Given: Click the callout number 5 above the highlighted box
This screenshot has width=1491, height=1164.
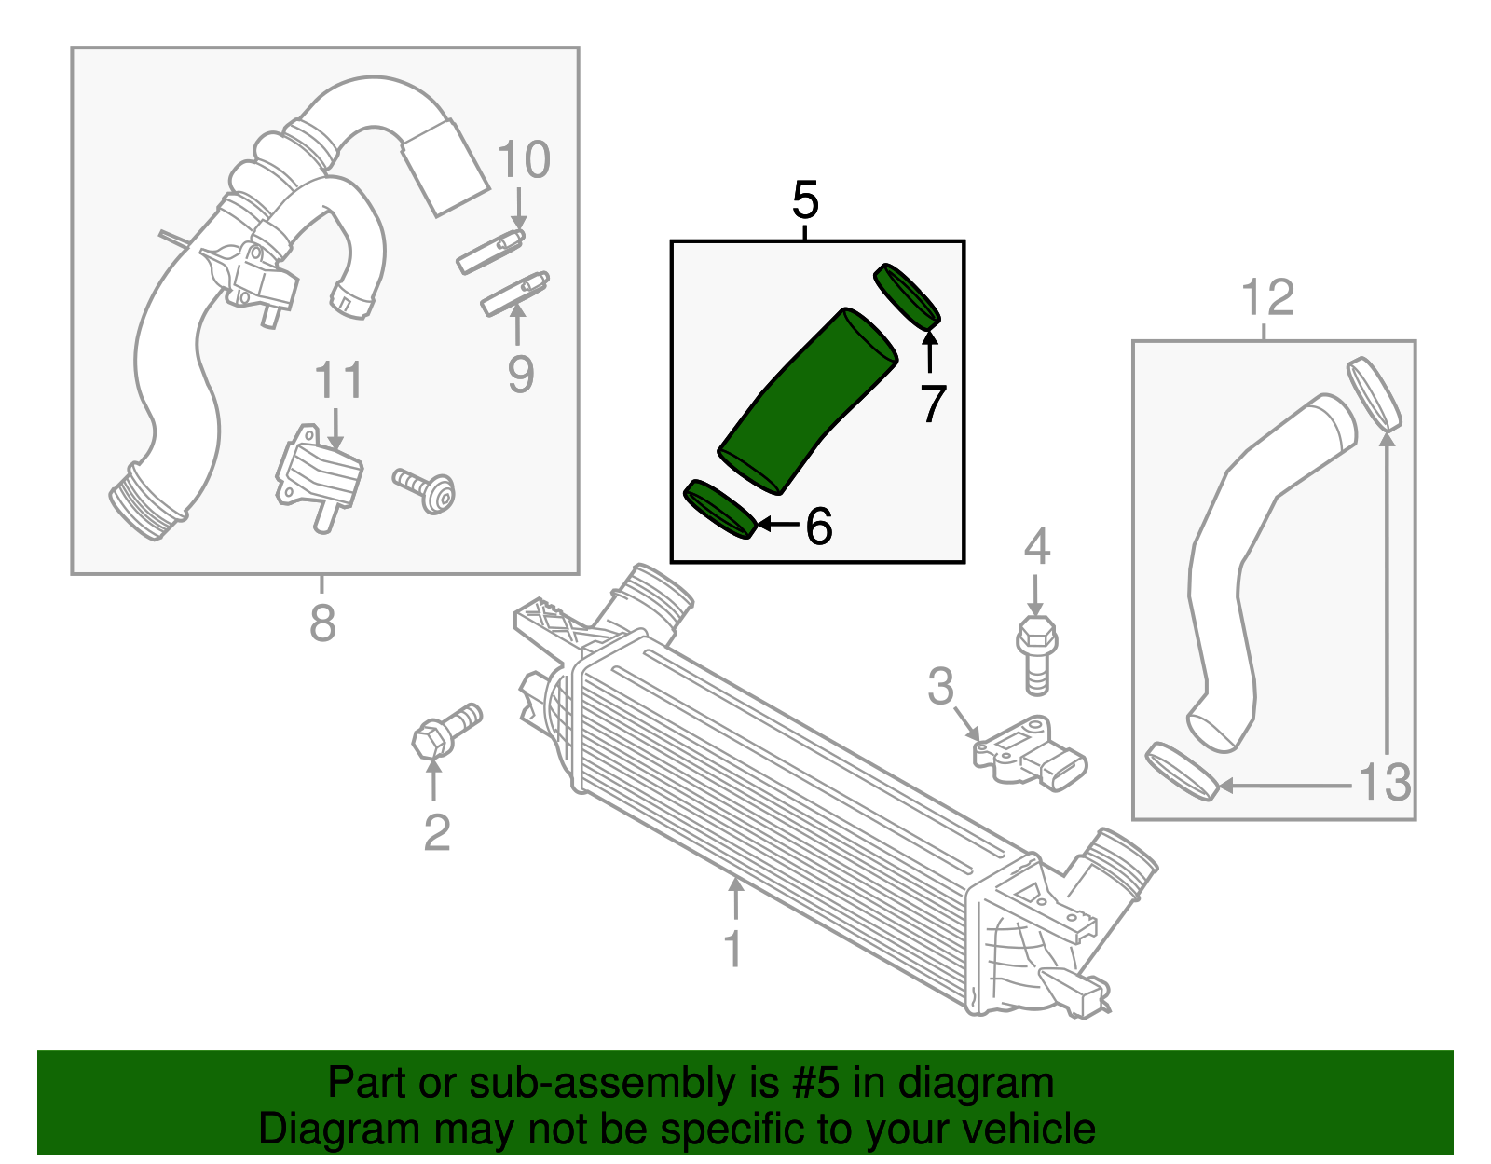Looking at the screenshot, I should pos(805,200).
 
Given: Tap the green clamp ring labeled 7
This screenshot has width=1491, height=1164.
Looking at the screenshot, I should pos(907,296).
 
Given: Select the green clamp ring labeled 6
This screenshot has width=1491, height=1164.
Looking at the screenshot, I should pos(718,510).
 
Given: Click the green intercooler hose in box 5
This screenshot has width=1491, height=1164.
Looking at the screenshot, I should pos(806,401).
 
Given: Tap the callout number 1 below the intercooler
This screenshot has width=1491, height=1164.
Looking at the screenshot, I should pos(733,949).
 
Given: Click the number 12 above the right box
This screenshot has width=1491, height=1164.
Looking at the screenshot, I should pos(1267,298).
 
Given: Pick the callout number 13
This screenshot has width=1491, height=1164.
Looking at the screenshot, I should pos(1384,783).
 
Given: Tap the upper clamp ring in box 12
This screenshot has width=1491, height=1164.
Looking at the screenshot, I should pos(1375,393).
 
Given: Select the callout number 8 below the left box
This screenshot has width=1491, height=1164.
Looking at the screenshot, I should pos(322,623).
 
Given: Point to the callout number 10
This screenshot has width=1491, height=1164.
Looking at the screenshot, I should pos(524,160).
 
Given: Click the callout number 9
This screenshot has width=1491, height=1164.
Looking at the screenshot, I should pos(521,375).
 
